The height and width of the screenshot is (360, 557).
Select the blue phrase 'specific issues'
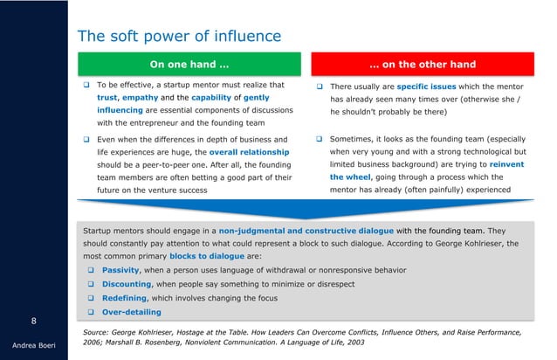coord(428,86)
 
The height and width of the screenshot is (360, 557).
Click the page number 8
coord(33,320)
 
